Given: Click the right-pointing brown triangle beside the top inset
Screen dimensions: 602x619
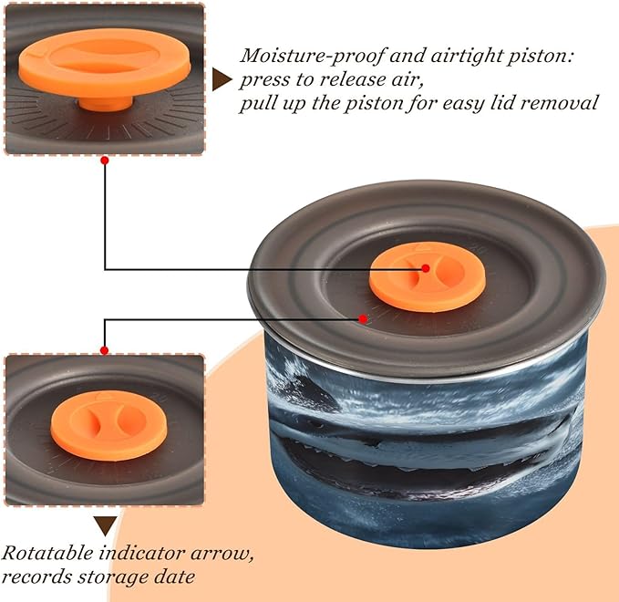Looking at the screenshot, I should [x=221, y=79].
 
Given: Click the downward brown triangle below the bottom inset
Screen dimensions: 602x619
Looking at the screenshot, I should [x=106, y=525].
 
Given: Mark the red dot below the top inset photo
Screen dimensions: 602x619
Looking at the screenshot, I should [x=105, y=161].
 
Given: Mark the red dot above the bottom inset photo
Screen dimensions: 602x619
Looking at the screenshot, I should [x=105, y=350].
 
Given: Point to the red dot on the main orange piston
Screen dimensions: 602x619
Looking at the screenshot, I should [x=425, y=268].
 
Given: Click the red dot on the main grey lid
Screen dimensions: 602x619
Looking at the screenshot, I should [x=364, y=318].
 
